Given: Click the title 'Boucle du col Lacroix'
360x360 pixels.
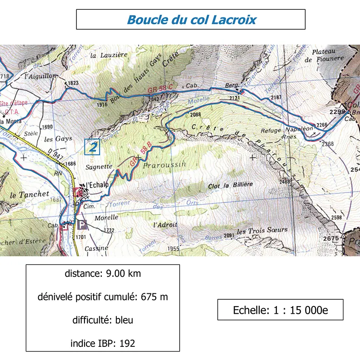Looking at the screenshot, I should pyautogui.click(x=191, y=20).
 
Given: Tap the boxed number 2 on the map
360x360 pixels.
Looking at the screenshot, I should pyautogui.click(x=92, y=146).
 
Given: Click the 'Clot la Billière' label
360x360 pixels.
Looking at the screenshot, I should pyautogui.click(x=230, y=185).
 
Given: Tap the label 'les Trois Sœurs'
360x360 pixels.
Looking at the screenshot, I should pyautogui.click(x=262, y=231).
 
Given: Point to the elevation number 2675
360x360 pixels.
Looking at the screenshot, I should pyautogui.click(x=331, y=238).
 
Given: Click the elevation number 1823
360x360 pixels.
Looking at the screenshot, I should pyautogui.click(x=73, y=83).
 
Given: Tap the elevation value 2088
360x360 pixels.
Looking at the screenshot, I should pyautogui.click(x=196, y=115).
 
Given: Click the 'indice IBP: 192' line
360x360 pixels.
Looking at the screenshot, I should pyautogui.click(x=103, y=343).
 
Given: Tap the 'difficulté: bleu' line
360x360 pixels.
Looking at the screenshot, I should pyautogui.click(x=103, y=320).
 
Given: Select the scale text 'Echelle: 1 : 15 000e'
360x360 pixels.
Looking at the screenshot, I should pyautogui.click(x=280, y=310).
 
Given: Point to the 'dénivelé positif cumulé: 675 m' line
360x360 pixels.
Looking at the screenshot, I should pyautogui.click(x=103, y=297).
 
